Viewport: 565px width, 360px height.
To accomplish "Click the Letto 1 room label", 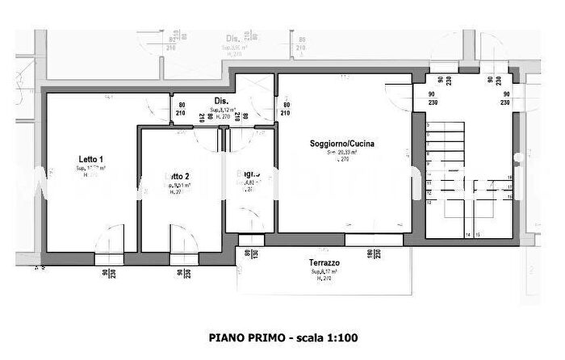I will (x=91, y=159).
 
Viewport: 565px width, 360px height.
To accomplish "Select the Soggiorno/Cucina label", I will (x=342, y=144).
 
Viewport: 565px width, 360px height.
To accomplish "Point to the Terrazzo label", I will (x=324, y=264).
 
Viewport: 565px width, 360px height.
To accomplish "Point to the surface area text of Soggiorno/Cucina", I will (x=342, y=152).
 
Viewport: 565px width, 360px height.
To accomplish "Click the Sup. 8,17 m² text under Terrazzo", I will (x=324, y=273).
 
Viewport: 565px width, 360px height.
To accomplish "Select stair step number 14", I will (x=467, y=235).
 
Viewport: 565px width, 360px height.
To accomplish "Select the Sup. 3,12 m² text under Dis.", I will (x=221, y=110).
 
